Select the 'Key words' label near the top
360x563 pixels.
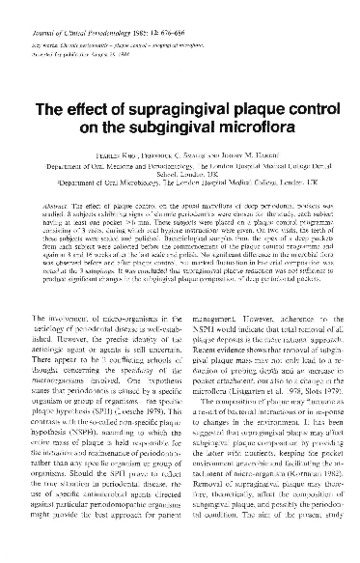pyautogui.click(x=60, y=17)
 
